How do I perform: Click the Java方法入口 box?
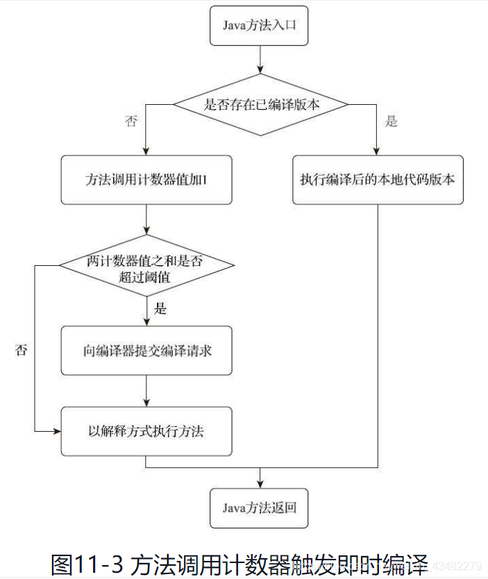pyautogui.click(x=260, y=27)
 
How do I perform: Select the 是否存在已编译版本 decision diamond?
pyautogui.click(x=260, y=105)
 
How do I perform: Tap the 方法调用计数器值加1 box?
pyautogui.click(x=146, y=179)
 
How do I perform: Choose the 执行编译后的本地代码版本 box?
pyautogui.click(x=377, y=179)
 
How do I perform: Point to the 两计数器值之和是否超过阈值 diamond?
pyautogui.click(x=146, y=266)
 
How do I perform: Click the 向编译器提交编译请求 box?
pyautogui.click(x=146, y=351)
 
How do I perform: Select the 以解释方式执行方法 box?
pyautogui.click(x=146, y=431)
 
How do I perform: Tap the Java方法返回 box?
pyautogui.click(x=260, y=507)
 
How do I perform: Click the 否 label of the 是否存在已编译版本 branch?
pyautogui.click(x=131, y=122)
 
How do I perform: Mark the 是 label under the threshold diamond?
pyautogui.click(x=160, y=308)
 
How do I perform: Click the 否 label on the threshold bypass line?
pyautogui.click(x=22, y=350)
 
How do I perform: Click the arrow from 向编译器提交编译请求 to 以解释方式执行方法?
pyautogui.click(x=147, y=391)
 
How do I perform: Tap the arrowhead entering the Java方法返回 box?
pyautogui.click(x=260, y=483)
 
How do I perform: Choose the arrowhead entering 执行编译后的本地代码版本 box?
pyautogui.click(x=377, y=151)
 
